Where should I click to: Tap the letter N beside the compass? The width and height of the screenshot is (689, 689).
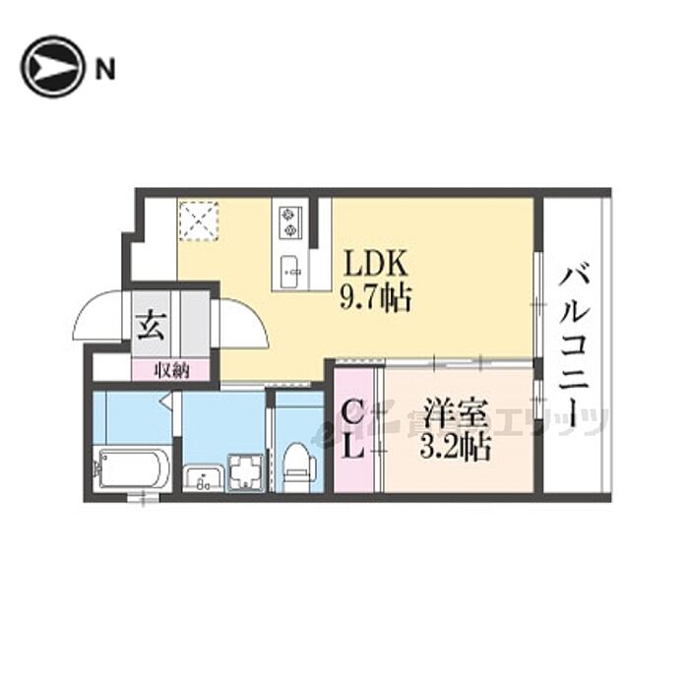point(105,68)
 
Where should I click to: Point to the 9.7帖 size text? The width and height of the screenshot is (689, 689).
point(375,295)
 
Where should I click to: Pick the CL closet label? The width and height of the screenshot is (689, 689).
point(353,430)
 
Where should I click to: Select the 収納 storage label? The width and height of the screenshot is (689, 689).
point(171,370)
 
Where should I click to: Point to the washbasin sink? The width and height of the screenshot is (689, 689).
point(204,477)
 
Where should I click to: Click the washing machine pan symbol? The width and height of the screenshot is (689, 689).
point(244,470)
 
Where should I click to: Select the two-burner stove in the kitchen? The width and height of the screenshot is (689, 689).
point(290,221)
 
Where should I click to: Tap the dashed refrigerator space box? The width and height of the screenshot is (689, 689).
point(200,219)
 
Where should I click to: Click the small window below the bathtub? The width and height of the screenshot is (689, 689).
point(144,499)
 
